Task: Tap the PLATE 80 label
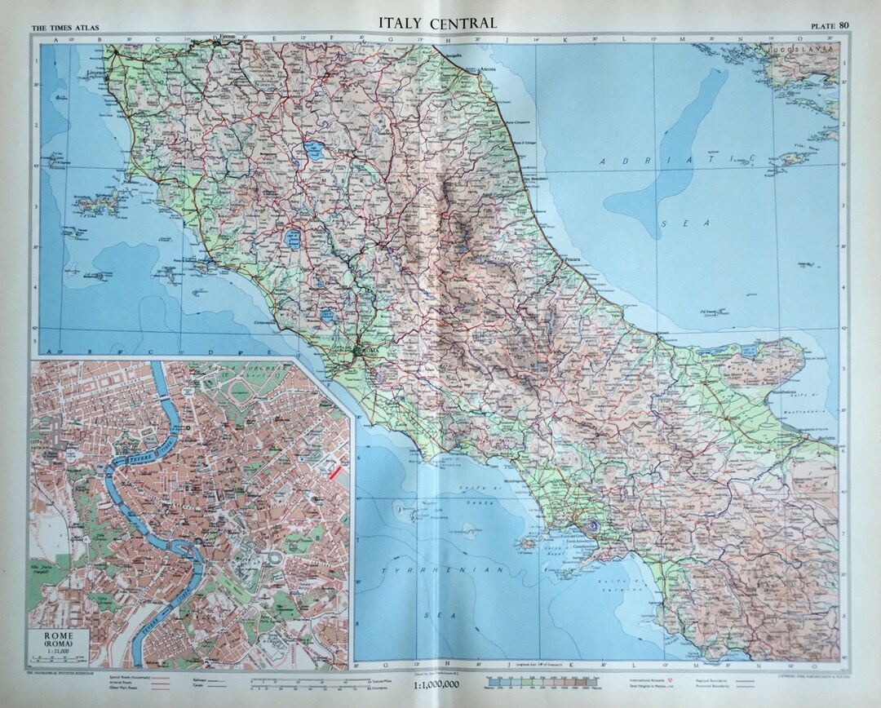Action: tap(828, 25)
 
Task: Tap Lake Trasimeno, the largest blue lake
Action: tap(312, 150)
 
